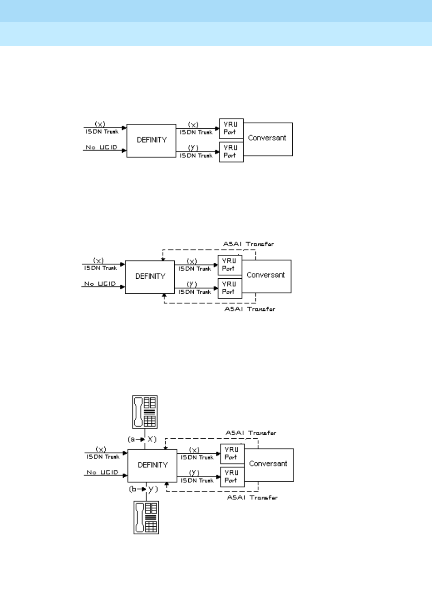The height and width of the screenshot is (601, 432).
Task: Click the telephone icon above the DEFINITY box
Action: tap(145, 412)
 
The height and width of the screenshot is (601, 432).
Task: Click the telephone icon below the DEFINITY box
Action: tap(146, 517)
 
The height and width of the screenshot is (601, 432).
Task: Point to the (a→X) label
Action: tap(142, 439)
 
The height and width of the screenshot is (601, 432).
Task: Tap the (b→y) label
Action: tap(143, 489)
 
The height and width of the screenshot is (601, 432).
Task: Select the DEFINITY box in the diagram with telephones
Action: tap(152, 465)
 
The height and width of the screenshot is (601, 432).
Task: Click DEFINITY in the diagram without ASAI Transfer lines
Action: tap(151, 140)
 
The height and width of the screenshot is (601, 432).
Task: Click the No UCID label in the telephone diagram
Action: tap(102, 472)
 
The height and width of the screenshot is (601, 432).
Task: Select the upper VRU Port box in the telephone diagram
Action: tap(232, 454)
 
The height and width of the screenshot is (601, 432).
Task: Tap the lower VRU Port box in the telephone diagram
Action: tap(232, 477)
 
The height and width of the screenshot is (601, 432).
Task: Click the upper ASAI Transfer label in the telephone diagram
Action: tap(250, 433)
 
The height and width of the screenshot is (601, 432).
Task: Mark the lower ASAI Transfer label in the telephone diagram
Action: tap(252, 497)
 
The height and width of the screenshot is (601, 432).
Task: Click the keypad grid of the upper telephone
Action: tap(150, 421)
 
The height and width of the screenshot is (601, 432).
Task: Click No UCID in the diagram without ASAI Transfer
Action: tap(102, 148)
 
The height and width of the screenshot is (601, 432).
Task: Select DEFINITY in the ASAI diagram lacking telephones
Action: tap(150, 276)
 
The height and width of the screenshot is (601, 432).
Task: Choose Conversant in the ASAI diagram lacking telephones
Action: tap(266, 275)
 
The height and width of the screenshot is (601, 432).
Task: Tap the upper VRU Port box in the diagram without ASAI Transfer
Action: tap(231, 129)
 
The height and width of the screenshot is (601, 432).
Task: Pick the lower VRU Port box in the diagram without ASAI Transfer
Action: tap(231, 152)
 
